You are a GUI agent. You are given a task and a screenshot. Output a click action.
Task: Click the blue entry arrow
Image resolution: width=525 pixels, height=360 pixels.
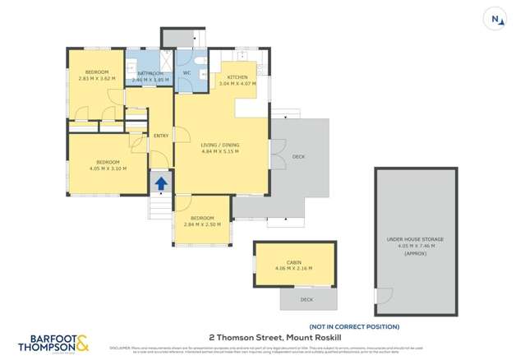(161, 183)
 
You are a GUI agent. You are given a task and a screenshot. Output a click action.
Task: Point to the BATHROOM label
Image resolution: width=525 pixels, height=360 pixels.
(150, 74)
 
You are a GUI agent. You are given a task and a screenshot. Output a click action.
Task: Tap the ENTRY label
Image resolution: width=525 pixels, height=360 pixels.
(160, 136)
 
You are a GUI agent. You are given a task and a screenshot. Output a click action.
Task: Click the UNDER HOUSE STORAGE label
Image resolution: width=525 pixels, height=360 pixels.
(416, 239)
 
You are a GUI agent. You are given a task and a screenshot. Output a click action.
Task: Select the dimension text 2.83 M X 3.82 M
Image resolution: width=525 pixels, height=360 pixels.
(98, 78)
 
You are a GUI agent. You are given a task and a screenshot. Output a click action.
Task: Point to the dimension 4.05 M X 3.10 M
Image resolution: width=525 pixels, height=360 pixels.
(108, 168)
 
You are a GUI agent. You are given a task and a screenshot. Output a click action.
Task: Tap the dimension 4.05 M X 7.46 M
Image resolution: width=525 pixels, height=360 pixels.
(416, 246)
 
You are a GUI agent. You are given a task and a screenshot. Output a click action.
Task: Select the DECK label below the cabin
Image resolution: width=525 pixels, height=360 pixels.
(306, 299)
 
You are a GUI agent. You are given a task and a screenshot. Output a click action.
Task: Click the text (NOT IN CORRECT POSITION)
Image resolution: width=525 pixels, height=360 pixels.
(354, 326)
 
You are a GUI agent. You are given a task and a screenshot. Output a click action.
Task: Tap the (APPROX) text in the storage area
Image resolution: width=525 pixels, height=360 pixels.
(416, 253)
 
